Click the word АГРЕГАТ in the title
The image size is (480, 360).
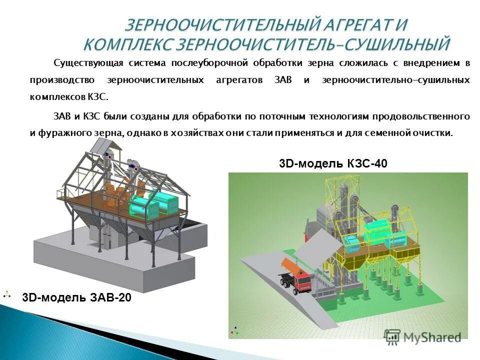[x=367, y=24]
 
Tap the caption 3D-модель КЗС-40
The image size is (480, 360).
[x=332, y=163]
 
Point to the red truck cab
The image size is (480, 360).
[x=303, y=282]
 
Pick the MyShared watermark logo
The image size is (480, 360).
[x=423, y=337]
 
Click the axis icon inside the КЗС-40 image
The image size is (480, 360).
[x=234, y=330]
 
